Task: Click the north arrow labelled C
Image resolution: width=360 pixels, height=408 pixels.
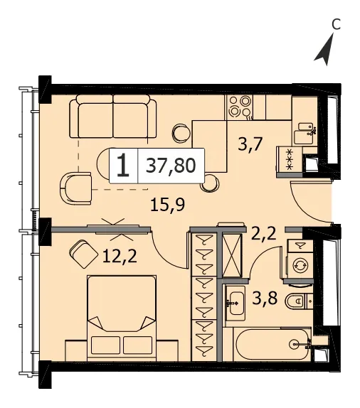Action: point(325,50)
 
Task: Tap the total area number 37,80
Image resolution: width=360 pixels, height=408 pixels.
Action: point(171,166)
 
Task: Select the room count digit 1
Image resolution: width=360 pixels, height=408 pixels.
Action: point(123,165)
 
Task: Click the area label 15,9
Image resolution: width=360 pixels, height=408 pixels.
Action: point(168,204)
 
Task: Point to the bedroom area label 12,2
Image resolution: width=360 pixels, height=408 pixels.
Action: point(120,256)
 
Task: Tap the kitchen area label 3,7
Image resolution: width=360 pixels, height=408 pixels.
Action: point(250,144)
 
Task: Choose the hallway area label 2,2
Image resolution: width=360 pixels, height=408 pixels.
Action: point(264,233)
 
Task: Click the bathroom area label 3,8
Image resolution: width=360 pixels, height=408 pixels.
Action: point(265,299)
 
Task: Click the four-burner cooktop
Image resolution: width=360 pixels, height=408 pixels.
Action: point(240,107)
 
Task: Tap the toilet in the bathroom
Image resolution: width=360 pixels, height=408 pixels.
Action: point(299,301)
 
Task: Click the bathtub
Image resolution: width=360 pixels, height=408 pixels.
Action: point(272,344)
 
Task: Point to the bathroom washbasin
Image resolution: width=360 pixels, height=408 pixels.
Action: point(235,303)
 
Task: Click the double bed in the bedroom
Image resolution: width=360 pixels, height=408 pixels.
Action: point(122,318)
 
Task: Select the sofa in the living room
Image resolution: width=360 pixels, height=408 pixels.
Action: point(113,117)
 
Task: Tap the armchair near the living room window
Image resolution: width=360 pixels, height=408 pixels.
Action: point(75,188)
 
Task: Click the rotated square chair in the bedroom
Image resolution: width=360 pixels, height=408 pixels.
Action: point(83,254)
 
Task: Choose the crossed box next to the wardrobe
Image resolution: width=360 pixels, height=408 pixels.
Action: point(232,257)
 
